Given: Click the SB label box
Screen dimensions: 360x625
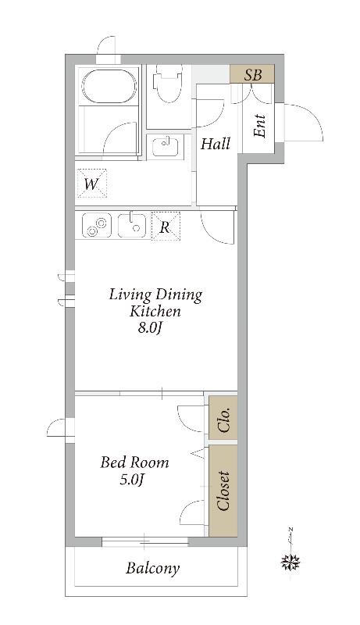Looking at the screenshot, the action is [252, 74].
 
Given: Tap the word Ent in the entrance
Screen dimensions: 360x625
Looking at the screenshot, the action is [259, 126].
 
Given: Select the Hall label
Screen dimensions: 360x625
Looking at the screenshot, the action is [216, 144].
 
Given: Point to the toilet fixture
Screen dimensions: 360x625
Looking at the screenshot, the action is [168, 84].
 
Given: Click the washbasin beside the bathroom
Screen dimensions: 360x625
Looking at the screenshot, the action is [166, 147].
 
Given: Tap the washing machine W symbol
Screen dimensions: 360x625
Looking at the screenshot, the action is [91, 183].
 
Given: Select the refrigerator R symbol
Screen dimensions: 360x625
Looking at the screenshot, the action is [166, 227].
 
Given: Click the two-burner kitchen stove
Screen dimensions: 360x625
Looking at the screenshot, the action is [96, 226].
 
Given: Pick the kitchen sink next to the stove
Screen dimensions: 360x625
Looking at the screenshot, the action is [132, 226].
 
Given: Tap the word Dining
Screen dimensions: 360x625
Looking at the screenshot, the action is [178, 295].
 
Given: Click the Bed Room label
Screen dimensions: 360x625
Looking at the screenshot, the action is [134, 462].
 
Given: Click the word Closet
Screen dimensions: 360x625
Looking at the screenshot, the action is [223, 491].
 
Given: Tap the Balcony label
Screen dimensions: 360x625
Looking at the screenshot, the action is [153, 568].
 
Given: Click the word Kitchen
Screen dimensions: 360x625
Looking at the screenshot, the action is [155, 311].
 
